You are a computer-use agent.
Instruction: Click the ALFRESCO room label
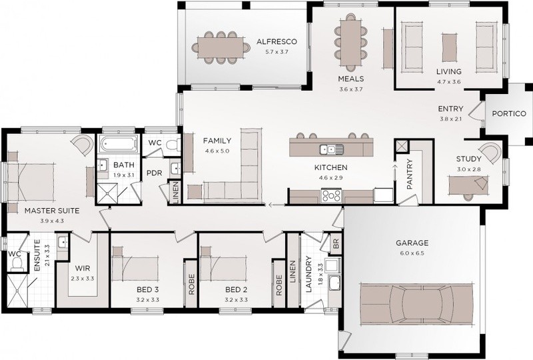point(276,42)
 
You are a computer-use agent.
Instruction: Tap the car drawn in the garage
point(416,303)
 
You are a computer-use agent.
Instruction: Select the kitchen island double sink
point(331,149)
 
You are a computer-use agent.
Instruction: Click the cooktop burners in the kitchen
point(331,196)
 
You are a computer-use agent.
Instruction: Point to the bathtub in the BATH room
point(119,143)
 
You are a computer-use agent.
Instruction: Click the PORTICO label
point(509,113)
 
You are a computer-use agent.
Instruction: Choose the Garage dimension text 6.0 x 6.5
point(412,253)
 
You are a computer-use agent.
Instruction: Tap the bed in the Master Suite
point(31,182)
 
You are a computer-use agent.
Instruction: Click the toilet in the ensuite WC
point(16,264)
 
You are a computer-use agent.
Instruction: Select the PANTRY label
point(410,174)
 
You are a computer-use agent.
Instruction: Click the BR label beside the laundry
point(336,243)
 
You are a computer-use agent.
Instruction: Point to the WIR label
point(82,269)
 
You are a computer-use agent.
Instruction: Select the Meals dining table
point(350,43)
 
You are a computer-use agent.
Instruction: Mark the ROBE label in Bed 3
point(191,285)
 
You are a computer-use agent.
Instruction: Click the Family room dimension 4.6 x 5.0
point(217,151)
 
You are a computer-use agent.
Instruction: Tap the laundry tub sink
point(335,283)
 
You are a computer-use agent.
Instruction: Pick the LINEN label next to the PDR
point(175,192)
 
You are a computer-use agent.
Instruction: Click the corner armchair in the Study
point(490,153)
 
